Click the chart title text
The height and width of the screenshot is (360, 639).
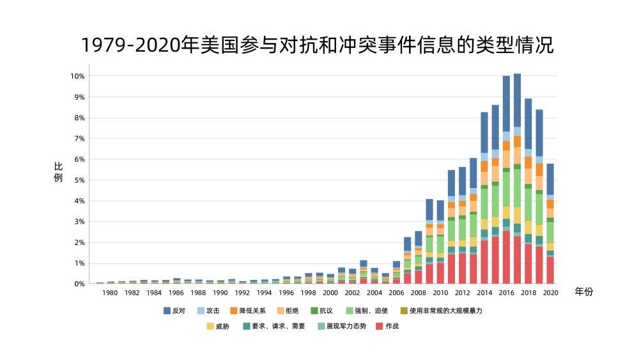[317, 45]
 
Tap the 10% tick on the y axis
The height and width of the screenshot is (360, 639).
[77, 76]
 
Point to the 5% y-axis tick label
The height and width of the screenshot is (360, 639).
[79, 180]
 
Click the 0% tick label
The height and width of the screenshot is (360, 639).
[79, 284]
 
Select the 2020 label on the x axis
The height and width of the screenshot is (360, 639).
[550, 293]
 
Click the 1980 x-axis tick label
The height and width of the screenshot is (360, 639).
[110, 293]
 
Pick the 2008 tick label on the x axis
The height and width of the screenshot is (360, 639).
[418, 293]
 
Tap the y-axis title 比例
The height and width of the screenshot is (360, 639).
[58, 172]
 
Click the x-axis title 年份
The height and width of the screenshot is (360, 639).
[583, 292]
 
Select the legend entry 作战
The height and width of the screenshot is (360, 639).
[392, 326]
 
